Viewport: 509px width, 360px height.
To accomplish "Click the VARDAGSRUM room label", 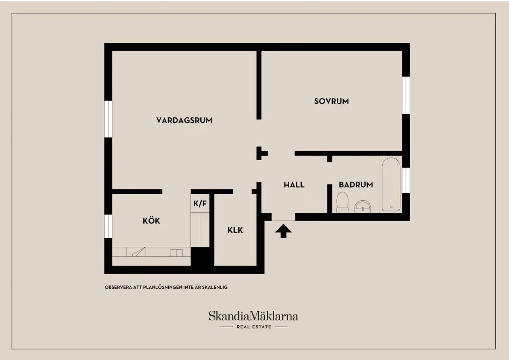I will (184, 120).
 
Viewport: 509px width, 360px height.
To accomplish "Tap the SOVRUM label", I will (331, 101).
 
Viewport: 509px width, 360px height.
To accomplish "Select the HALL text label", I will (294, 185).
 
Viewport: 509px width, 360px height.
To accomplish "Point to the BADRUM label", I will (355, 185).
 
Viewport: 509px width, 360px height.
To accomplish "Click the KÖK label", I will (151, 221).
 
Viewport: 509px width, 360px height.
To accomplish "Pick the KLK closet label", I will (235, 230).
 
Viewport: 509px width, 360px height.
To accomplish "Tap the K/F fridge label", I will (200, 204).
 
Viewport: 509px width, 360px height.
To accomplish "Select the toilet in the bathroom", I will (342, 202).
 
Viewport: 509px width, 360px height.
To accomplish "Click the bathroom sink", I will (363, 206).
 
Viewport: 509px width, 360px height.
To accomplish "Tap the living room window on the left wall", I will (108, 119).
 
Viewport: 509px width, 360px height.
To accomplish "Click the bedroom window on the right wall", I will (406, 95).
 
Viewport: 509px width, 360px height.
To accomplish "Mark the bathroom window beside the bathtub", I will (406, 180).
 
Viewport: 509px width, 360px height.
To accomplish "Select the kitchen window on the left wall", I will (108, 226).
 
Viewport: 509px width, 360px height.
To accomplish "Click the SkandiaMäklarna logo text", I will (253, 316).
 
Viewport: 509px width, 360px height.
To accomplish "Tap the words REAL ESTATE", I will (254, 327).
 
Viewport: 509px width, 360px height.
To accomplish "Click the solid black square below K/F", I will (202, 257).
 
